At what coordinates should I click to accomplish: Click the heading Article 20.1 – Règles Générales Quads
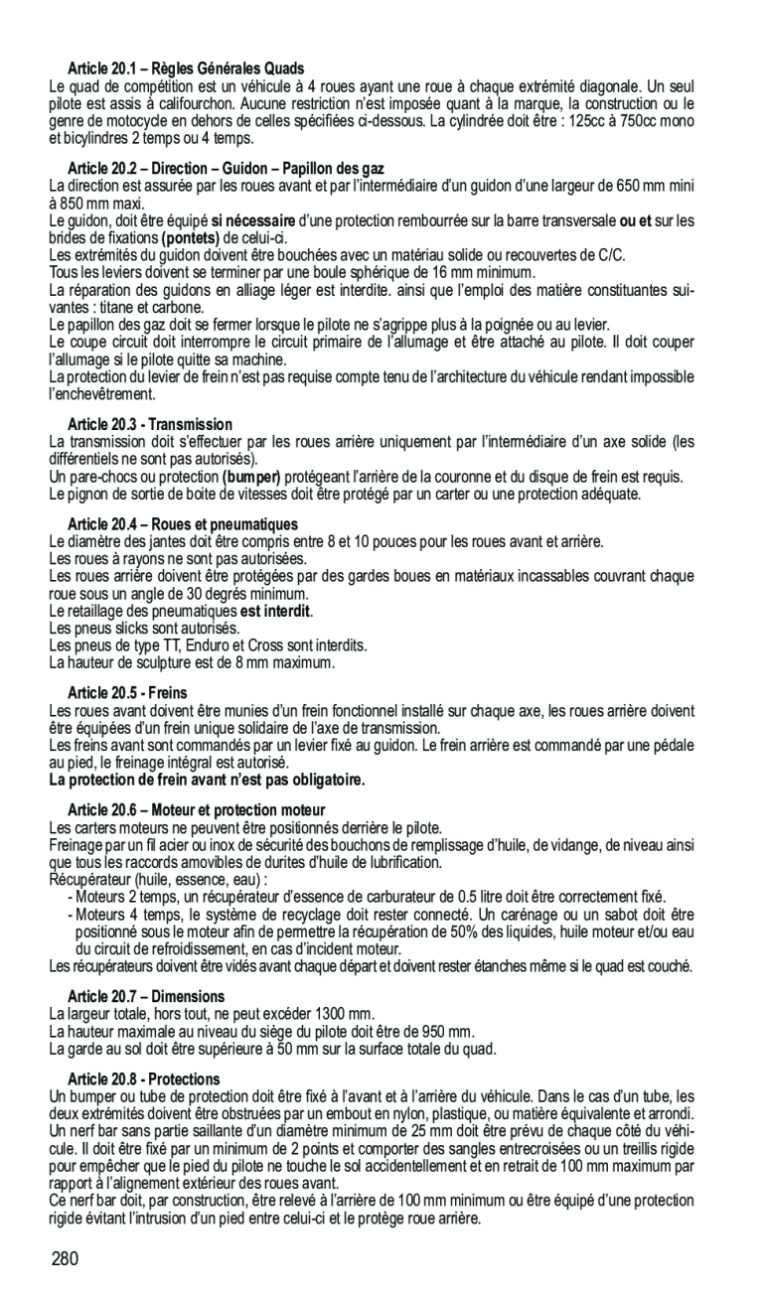tap(186, 70)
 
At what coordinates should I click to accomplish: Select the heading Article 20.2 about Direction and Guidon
tap(226, 170)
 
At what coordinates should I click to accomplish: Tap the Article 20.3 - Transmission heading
tap(150, 425)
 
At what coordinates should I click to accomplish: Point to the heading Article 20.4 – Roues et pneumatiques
tap(183, 524)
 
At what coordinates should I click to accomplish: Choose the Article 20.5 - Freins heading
tap(127, 692)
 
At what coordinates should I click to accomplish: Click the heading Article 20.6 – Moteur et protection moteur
tap(197, 811)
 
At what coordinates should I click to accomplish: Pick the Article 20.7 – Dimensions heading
tap(146, 996)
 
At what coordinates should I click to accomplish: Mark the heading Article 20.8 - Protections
tap(144, 1079)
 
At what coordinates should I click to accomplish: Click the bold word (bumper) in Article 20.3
tap(253, 477)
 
